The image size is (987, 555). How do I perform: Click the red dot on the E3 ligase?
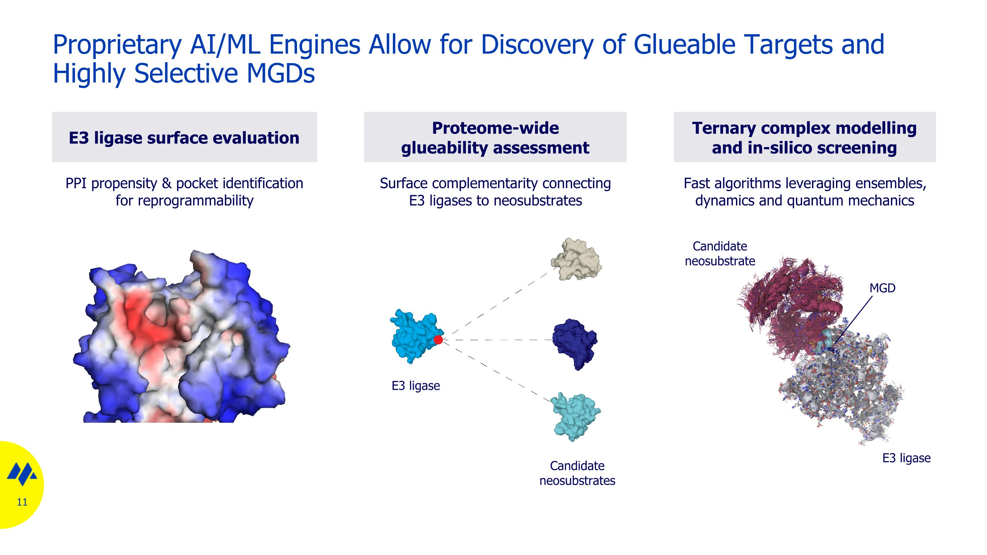coord(438,340)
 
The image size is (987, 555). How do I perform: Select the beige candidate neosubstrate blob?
coord(576,259)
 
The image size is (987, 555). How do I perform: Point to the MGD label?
coord(882,288)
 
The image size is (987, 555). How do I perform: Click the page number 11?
coord(22,502)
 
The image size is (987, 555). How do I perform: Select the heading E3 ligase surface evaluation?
coord(184,138)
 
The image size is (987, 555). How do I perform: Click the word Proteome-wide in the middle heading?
coord(495,128)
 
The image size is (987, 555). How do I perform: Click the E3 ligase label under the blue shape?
coord(416,385)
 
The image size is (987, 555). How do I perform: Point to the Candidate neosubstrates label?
coord(577,473)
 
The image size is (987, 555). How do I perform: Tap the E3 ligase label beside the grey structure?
coord(906,458)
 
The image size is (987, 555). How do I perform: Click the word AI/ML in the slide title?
coord(225,44)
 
